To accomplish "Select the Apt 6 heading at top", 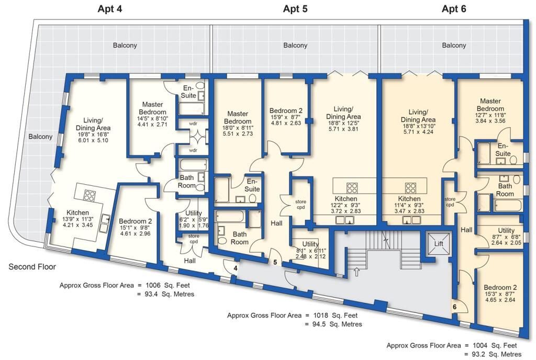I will [453, 9].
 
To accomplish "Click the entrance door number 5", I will [275, 262].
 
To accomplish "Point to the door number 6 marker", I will [454, 307].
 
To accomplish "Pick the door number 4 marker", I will [236, 268].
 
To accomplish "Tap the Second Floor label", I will [32, 267].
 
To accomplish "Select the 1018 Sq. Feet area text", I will [329, 316].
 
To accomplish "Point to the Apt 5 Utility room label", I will [310, 244].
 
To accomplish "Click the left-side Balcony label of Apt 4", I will [40, 137].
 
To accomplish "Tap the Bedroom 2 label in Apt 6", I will [500, 288].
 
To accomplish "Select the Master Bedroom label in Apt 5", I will [237, 118].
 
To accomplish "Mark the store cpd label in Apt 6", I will [450, 202].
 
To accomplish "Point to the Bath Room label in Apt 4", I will [187, 182].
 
